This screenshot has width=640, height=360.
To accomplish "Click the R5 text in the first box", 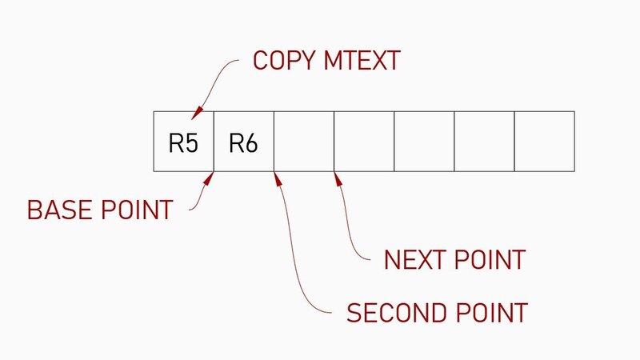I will [183, 144].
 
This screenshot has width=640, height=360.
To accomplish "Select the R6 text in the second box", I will [243, 144].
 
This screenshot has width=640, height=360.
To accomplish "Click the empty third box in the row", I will [304, 142].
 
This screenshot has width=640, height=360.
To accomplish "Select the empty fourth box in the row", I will [364, 142].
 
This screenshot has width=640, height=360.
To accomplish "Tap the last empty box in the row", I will [545, 142].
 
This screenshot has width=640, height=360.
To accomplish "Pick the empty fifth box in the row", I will [424, 142].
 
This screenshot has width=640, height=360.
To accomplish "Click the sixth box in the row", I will [484, 142].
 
